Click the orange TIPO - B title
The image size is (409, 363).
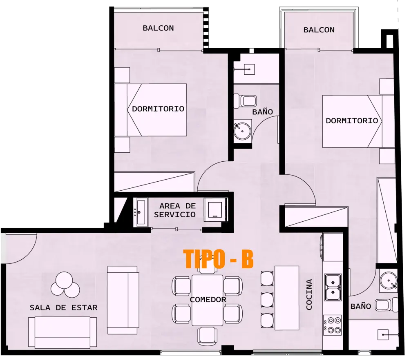(219, 259)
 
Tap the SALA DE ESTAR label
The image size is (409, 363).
(63, 307)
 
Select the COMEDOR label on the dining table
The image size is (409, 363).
(208, 300)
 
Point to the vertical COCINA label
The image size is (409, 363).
(309, 294)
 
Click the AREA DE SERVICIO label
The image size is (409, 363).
(177, 210)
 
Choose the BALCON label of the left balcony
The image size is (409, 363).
(158, 28)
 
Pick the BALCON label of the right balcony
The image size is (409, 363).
(319, 30)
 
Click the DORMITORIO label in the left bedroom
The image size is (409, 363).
(158, 109)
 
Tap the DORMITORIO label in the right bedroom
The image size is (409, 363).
(351, 121)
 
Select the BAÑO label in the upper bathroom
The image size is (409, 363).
(262, 111)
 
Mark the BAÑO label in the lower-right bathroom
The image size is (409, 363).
(360, 306)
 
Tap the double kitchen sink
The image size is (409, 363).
(333, 287)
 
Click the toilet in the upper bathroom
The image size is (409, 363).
(246, 100)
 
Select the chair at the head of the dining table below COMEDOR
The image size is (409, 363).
(208, 336)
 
